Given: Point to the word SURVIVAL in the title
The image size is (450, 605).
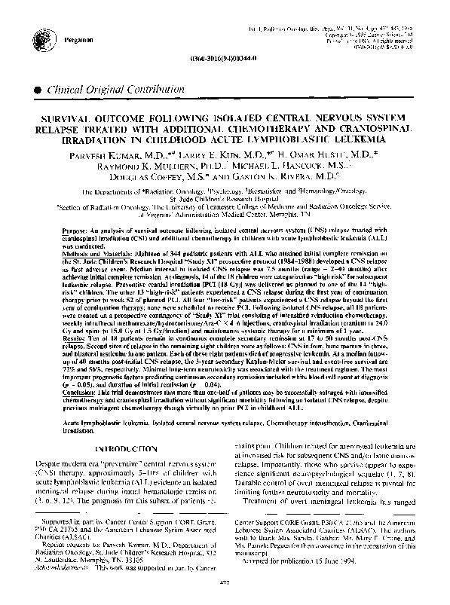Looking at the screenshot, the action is [x=66, y=120].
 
